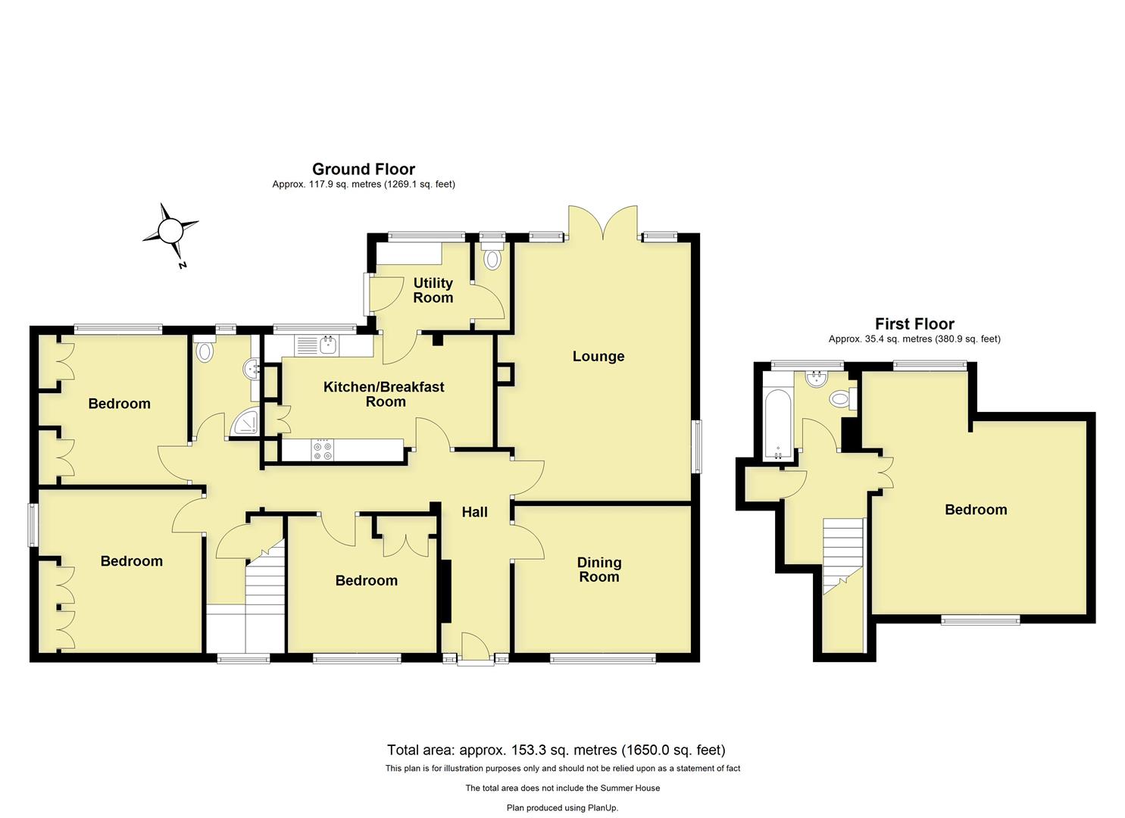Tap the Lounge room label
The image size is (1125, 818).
[x=598, y=356]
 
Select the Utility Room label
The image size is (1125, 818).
[x=433, y=290]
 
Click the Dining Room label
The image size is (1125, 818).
[x=598, y=570]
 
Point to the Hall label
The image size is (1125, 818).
[x=474, y=513]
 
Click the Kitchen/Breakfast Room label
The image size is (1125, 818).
[x=384, y=394]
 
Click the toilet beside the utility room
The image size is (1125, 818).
[x=493, y=258]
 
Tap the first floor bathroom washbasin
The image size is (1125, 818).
[x=817, y=379]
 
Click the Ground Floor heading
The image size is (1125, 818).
[x=363, y=170]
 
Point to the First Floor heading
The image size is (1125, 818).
[x=914, y=324]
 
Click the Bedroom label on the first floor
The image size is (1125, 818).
[x=975, y=510]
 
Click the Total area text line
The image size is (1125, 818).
[x=556, y=751]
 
